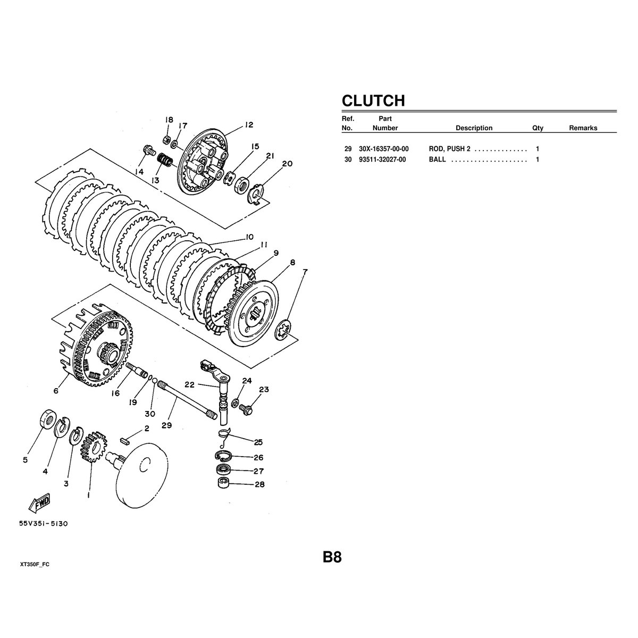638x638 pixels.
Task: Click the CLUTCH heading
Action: pos(373,100)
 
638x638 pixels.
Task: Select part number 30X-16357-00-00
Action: pos(384,149)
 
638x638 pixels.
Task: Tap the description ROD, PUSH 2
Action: pos(449,149)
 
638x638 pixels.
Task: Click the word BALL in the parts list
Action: pos(437,159)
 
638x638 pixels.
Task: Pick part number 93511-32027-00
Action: pos(382,159)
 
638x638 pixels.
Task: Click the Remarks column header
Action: pos(583,128)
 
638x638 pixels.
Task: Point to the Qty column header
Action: pos(538,128)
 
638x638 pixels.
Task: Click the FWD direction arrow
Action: pos(40,504)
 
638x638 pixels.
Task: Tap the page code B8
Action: pos(332,557)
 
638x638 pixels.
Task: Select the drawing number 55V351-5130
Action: pos(44,524)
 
